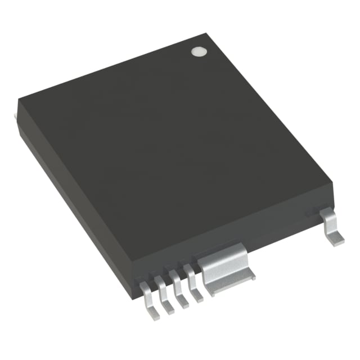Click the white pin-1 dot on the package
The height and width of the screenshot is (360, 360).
[x=197, y=51]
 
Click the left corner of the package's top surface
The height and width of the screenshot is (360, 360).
[x=19, y=100]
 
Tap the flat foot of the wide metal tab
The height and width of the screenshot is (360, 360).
[x=231, y=281]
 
